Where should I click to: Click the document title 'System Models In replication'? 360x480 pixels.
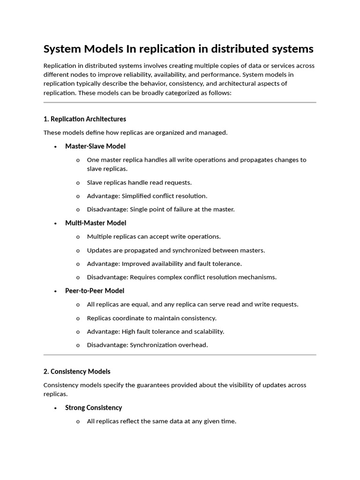click(x=178, y=49)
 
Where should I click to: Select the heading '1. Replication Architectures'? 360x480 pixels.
click(x=84, y=119)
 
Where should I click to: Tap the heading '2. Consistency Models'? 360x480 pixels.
click(x=77, y=371)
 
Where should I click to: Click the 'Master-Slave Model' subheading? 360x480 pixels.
click(x=95, y=146)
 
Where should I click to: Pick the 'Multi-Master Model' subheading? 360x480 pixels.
click(x=96, y=223)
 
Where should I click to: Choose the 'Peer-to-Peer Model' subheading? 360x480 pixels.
click(x=94, y=291)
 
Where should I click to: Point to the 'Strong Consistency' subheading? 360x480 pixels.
click(x=93, y=408)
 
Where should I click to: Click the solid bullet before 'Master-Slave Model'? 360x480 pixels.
click(x=55, y=147)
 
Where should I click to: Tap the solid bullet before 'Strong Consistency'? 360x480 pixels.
click(x=55, y=408)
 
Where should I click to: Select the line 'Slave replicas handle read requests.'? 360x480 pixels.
click(x=139, y=182)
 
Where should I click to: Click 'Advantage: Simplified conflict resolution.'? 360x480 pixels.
click(x=147, y=196)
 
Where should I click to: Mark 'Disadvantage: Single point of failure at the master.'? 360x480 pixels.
click(x=160, y=210)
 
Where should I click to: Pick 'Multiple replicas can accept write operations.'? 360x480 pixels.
click(x=153, y=237)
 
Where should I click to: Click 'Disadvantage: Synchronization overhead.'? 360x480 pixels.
click(x=147, y=345)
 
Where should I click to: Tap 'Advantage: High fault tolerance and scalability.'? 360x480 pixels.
click(x=155, y=331)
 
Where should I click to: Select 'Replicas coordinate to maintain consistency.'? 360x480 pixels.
click(x=151, y=318)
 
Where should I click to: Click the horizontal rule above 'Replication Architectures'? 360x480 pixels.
click(x=180, y=102)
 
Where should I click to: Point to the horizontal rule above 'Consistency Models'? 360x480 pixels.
click(x=180, y=355)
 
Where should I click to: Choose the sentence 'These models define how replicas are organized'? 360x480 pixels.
click(x=135, y=133)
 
